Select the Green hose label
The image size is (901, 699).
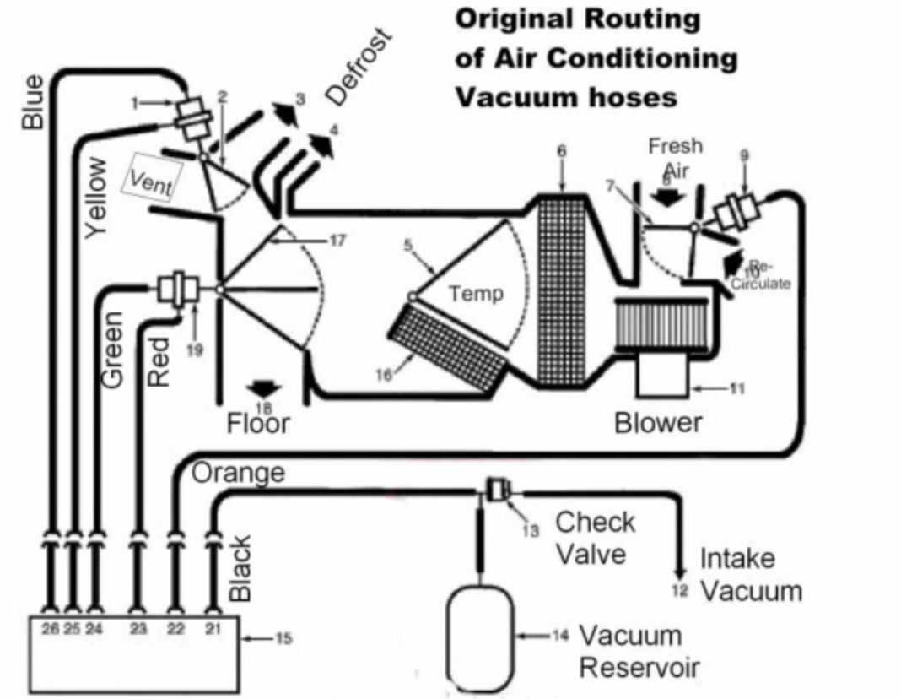click(113, 349)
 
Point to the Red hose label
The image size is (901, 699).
click(159, 361)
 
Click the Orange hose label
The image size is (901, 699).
click(238, 474)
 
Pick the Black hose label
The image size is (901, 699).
click(240, 568)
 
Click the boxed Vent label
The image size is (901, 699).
click(151, 179)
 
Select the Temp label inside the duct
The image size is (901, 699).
click(476, 294)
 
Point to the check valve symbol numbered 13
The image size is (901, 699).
click(496, 490)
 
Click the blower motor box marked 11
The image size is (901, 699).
click(665, 374)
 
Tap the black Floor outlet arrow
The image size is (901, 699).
click(264, 387)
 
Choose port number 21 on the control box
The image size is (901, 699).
click(211, 629)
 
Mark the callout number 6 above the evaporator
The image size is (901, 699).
click(561, 151)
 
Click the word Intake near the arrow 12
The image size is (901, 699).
click(737, 558)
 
